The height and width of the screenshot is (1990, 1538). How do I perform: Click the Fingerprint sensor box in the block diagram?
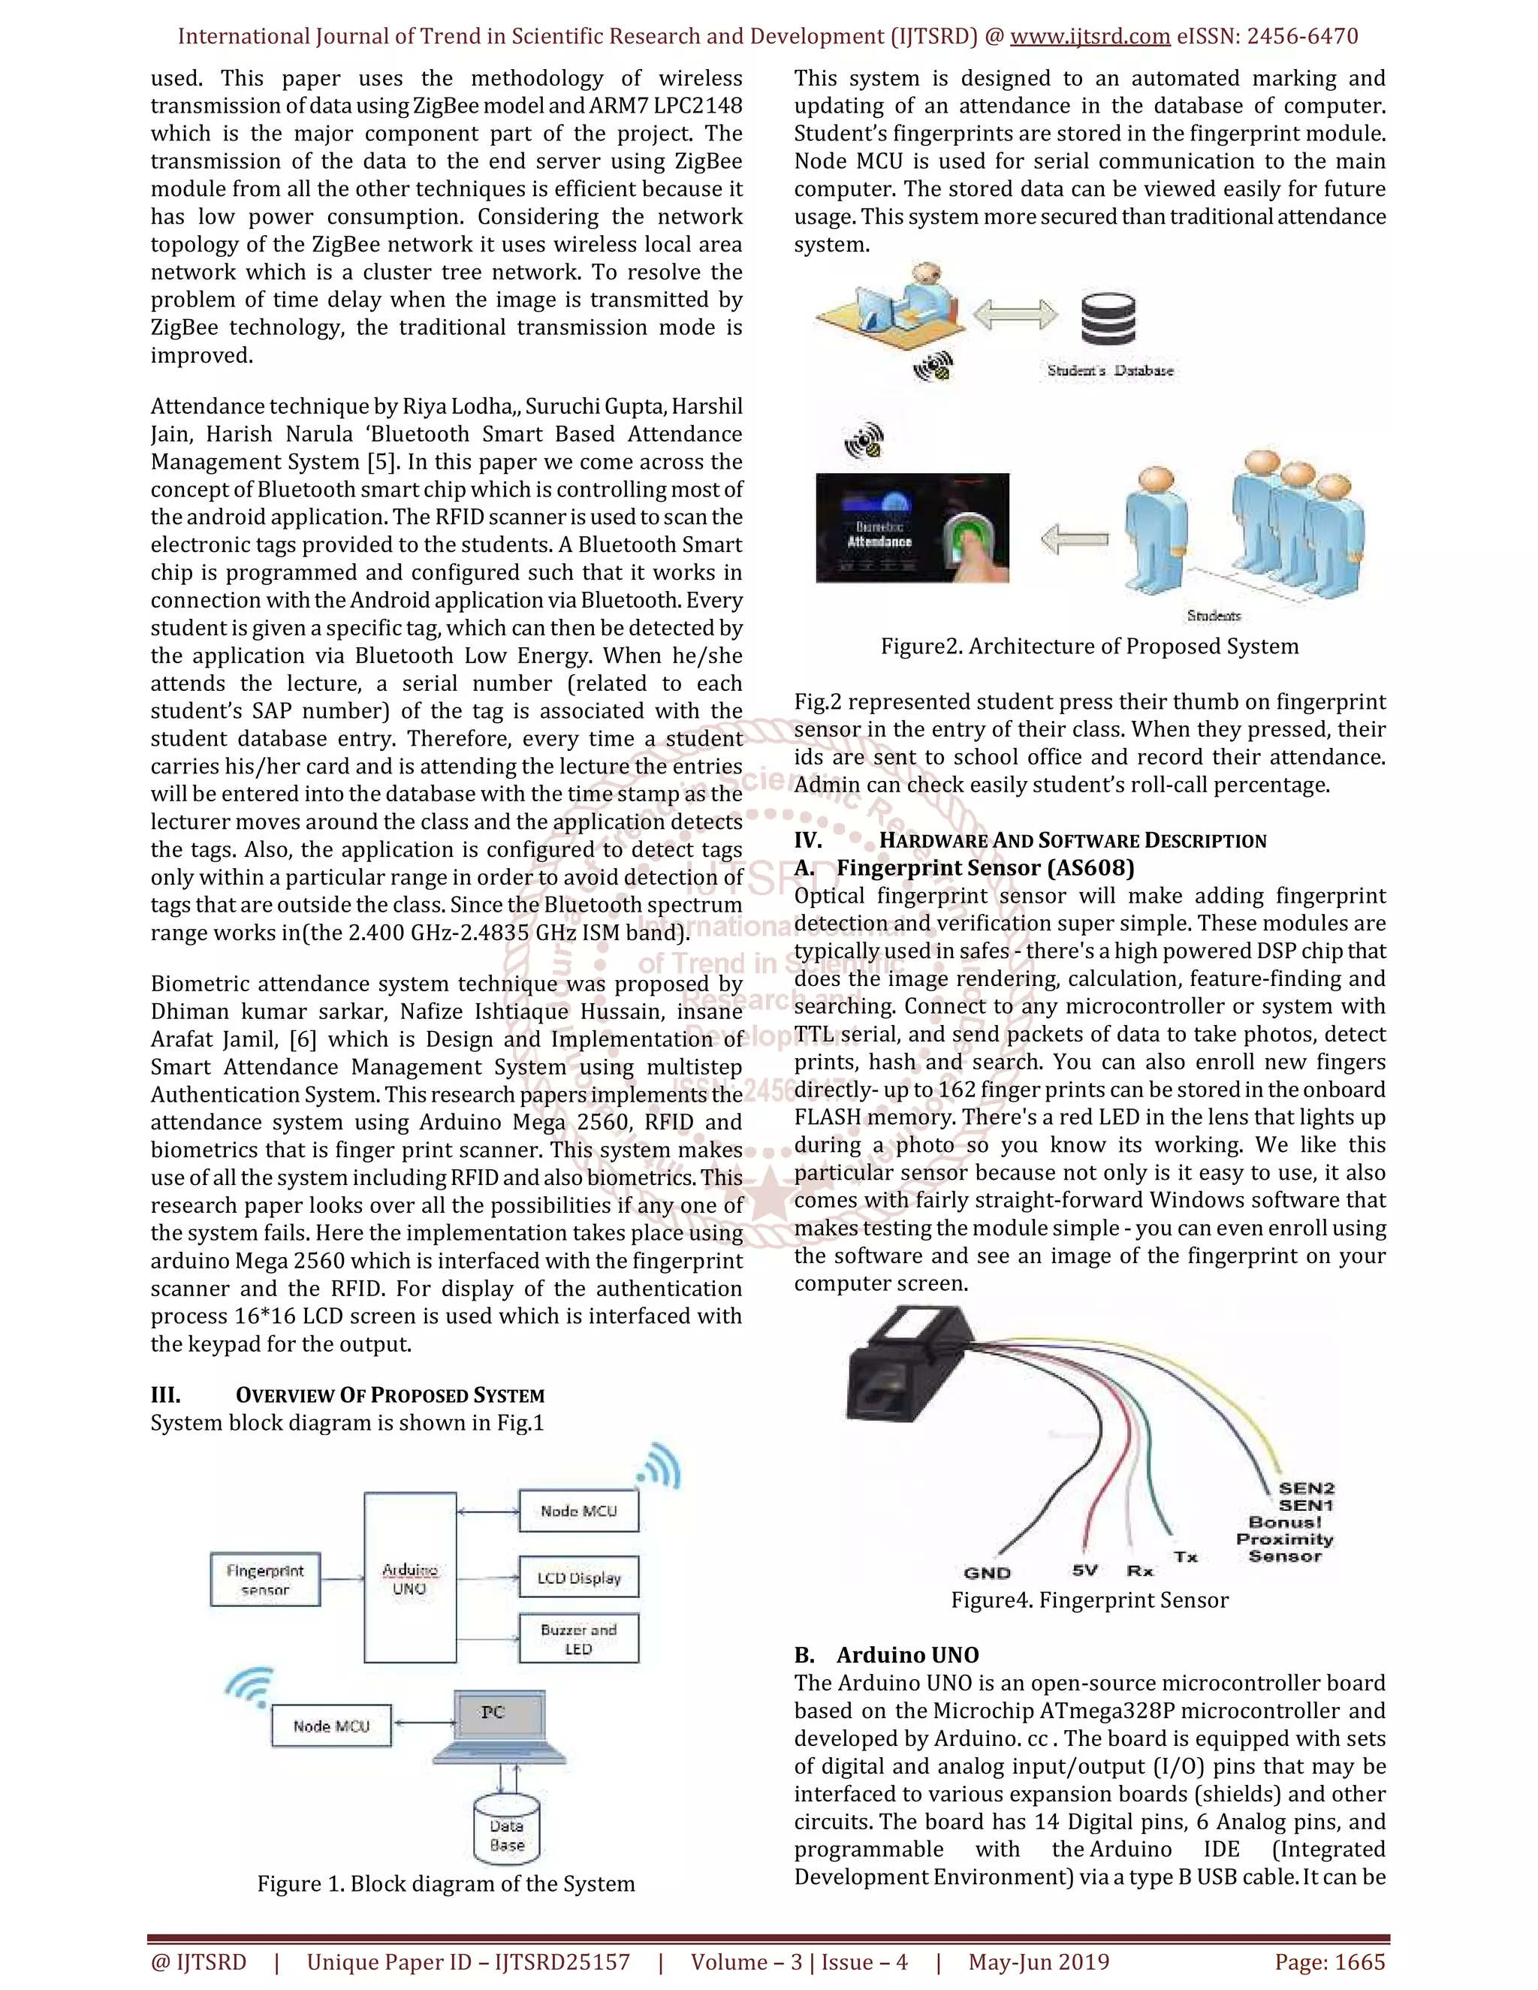[265, 1579]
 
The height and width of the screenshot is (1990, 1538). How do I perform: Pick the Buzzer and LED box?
[578, 1639]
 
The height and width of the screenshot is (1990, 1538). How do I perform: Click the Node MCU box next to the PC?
[332, 1726]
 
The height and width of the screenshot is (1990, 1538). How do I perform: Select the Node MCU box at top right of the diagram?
[578, 1511]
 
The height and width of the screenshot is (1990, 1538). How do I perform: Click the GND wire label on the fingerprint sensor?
[987, 1572]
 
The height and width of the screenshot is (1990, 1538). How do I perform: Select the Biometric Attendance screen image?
[912, 528]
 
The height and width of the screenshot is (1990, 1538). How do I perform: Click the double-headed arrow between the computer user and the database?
[1015, 315]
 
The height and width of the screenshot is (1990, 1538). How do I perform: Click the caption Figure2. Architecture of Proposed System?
[1089, 646]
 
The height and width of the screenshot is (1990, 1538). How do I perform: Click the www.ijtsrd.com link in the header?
[1090, 37]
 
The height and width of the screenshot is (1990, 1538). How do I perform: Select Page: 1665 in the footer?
[1329, 1961]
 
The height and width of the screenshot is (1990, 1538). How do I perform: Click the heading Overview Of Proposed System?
[389, 1395]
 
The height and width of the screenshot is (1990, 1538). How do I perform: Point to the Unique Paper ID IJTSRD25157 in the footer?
[469, 1961]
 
